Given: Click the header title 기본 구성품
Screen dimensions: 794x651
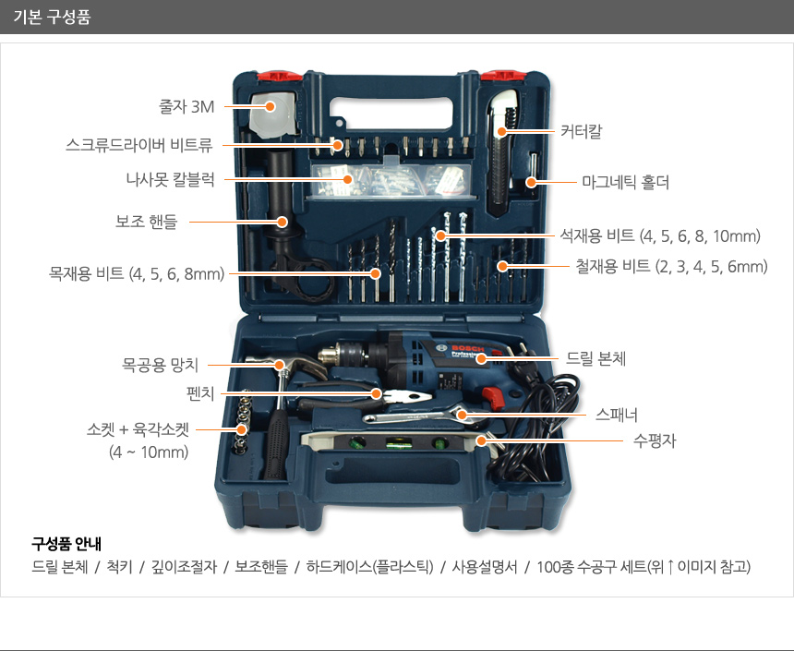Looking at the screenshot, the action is click(52, 17).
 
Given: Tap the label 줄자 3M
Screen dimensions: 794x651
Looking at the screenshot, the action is click(186, 106).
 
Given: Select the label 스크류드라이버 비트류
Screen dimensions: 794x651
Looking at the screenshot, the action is click(138, 145).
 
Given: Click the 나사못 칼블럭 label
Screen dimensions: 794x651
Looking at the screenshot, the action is click(170, 179).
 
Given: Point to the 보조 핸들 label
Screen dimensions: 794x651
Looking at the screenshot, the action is click(147, 222).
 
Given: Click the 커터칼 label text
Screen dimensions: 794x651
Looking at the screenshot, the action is click(581, 131).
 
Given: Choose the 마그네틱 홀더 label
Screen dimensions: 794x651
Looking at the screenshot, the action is click(625, 182).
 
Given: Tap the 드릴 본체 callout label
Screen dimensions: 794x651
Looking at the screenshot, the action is click(595, 358).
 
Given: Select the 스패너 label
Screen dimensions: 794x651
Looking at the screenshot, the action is click(616, 415).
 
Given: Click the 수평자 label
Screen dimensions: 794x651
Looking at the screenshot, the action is click(655, 440).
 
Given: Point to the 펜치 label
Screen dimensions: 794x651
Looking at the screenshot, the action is click(200, 393).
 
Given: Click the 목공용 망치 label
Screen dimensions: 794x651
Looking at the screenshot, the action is click(160, 364).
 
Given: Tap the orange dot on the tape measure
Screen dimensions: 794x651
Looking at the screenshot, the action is click(270, 106).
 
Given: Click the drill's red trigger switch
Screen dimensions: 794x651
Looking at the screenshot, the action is click(494, 397).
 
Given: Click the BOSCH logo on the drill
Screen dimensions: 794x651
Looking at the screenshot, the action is click(467, 348).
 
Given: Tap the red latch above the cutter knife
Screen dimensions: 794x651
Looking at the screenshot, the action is click(503, 76).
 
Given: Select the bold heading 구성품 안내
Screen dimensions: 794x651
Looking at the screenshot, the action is click(66, 544).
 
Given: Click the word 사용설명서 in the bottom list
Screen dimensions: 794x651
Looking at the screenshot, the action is click(485, 566).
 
